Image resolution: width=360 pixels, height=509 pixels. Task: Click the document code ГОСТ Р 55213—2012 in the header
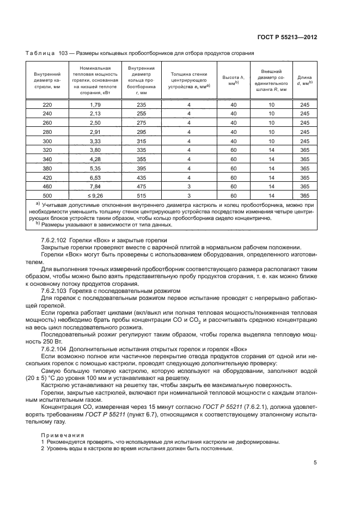[287, 38]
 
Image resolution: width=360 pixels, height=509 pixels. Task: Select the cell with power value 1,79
[95, 104]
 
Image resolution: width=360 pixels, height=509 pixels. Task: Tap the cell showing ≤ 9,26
[95, 195]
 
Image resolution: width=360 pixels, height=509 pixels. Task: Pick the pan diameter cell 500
[47, 195]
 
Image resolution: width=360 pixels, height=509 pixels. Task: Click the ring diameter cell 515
[142, 195]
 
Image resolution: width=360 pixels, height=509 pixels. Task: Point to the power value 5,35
[95, 168]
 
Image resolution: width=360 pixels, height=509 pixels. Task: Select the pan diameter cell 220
[47, 104]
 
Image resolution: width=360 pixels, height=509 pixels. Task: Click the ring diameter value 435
[142, 177]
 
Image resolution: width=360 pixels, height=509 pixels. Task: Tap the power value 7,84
[95, 186]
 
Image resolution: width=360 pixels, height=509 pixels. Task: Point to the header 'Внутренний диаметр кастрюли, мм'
[47, 80]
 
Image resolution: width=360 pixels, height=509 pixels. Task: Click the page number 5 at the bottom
[315, 463]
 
